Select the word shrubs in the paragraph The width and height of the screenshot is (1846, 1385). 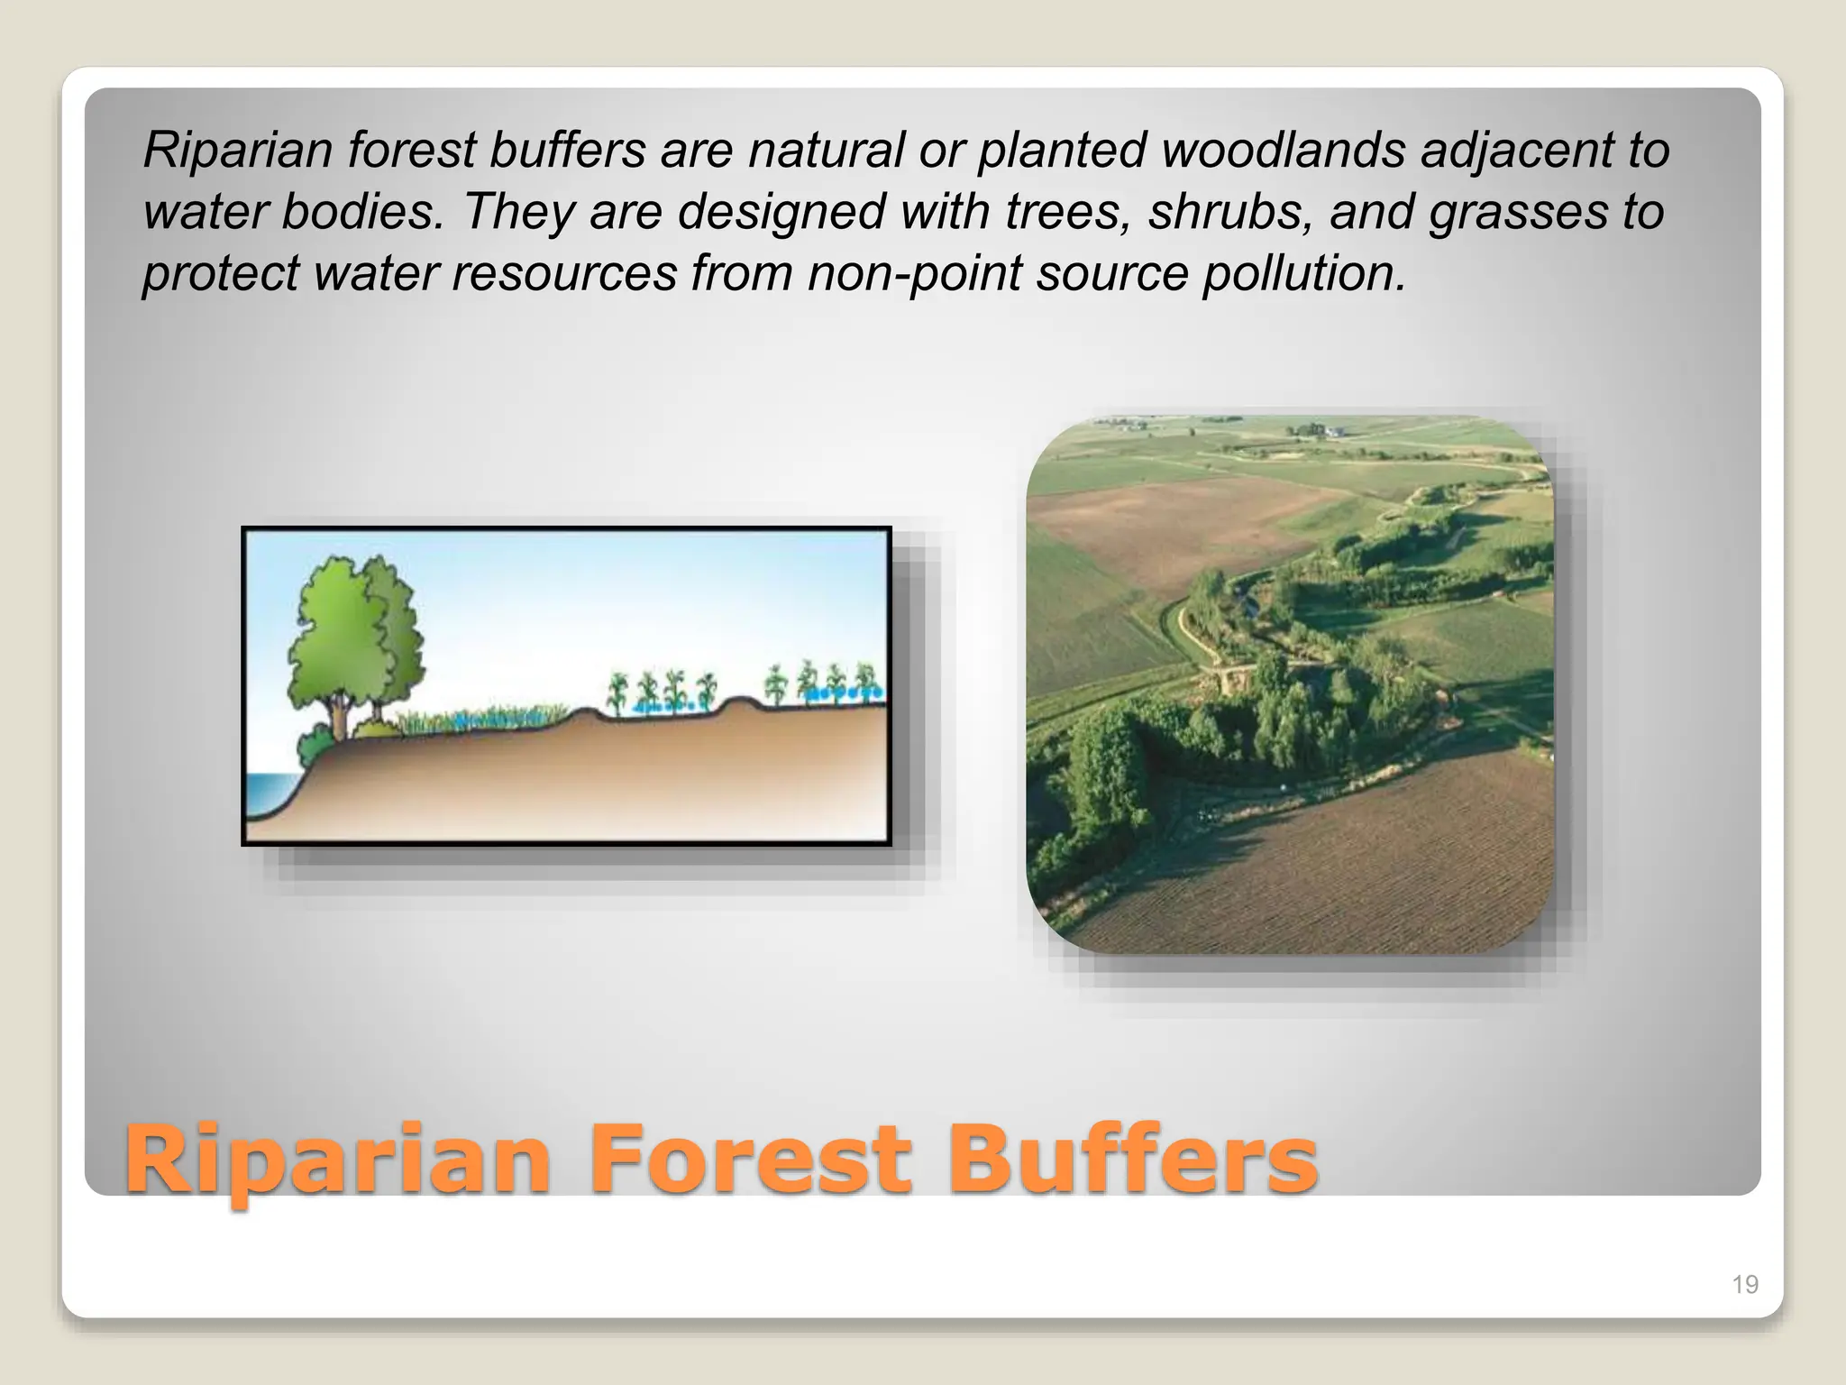tap(1229, 212)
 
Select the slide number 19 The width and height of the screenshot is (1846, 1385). tap(1745, 1284)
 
